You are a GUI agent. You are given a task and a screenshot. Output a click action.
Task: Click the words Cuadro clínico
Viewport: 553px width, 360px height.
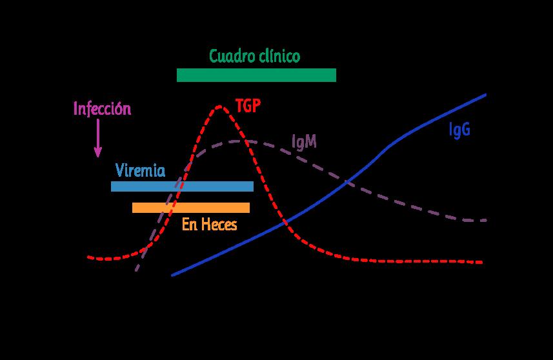tap(254, 56)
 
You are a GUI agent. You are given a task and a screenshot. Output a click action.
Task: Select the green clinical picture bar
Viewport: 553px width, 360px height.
tap(256, 75)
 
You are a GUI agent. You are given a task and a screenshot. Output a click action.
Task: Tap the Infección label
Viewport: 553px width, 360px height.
tap(102, 108)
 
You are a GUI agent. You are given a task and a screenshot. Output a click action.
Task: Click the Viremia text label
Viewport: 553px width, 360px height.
tap(140, 171)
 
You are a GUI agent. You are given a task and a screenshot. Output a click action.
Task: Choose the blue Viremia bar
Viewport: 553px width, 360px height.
tap(182, 186)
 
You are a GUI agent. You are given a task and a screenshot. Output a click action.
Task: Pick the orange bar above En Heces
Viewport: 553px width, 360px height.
tap(191, 207)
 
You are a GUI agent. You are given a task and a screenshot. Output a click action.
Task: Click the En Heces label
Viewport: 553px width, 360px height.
tap(210, 225)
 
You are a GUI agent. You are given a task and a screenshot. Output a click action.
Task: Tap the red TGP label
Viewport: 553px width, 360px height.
tap(248, 106)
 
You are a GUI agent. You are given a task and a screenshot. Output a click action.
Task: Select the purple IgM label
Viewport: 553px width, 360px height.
tap(304, 141)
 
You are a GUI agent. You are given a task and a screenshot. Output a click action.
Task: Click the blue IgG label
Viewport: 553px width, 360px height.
tap(459, 130)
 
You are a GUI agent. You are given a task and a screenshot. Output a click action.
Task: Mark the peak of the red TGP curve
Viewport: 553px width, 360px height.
tap(221, 105)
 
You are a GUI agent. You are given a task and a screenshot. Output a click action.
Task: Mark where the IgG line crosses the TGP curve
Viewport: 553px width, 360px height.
tap(284, 223)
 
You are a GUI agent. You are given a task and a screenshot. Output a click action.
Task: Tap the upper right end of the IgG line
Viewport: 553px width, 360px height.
tap(485, 94)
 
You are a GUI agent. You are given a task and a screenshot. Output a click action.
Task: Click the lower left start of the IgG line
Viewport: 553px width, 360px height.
tap(172, 275)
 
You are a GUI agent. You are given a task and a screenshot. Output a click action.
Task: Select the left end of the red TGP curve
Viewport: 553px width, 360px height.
tap(88, 257)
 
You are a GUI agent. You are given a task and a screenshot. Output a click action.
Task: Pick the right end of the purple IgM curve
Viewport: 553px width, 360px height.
tap(485, 220)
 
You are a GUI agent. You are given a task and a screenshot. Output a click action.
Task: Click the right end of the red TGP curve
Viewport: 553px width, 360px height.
tap(483, 262)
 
